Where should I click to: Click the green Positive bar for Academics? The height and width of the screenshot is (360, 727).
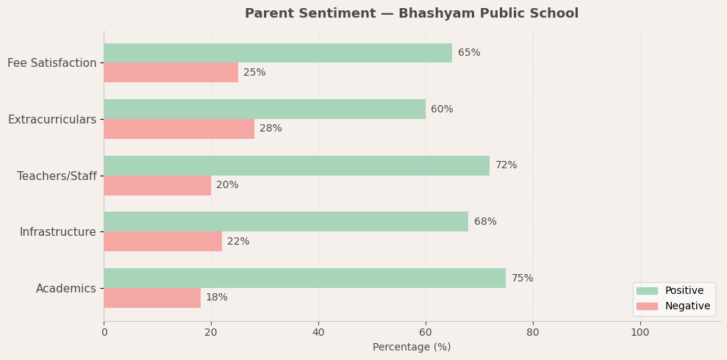coord(304,278)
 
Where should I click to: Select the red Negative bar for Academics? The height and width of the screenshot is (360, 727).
coord(152,298)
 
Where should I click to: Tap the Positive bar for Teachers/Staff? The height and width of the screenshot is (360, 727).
coord(296,165)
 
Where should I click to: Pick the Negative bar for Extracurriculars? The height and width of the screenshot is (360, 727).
coord(179,129)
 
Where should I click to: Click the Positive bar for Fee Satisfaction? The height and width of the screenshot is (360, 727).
coord(278,53)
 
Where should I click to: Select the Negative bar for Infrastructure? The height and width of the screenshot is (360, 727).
coord(162,242)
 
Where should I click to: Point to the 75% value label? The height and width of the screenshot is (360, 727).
coord(522,278)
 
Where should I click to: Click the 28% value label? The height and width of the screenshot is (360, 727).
coord(271,129)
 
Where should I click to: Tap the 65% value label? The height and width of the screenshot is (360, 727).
coord(469,53)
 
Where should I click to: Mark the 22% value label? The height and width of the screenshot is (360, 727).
coord(238,242)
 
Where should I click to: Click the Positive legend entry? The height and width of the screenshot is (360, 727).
coord(684,291)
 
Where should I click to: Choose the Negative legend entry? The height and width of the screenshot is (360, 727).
coord(687,306)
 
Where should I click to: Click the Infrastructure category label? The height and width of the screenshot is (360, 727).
coord(57,232)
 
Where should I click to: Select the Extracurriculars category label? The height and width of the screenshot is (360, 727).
coord(52,120)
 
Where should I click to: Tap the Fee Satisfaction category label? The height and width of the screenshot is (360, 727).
coord(51,63)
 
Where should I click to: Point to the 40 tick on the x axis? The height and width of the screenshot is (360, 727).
coord(318,333)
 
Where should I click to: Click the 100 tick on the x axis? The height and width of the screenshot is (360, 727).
coord(640,333)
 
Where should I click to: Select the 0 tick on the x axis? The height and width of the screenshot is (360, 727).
coord(104,333)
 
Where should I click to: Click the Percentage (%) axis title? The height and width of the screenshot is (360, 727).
coord(412,348)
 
